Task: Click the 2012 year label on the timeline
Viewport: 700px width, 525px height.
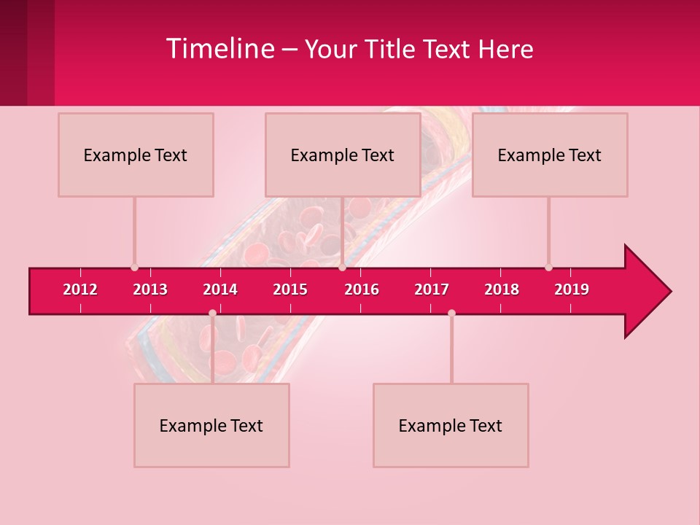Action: [x=80, y=289]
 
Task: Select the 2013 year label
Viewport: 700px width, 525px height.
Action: [x=150, y=289]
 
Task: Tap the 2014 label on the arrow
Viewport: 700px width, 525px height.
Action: [x=220, y=289]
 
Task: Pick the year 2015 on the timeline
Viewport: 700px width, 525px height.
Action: [x=290, y=289]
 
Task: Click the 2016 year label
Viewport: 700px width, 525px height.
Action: [x=362, y=289]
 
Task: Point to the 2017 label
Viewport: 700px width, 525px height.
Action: [x=432, y=289]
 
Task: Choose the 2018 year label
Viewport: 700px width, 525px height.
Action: [x=502, y=289]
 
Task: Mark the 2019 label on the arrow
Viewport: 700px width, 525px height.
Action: [x=572, y=289]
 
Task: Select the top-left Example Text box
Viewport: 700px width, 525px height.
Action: [x=136, y=155]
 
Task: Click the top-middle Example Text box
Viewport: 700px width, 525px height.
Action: [x=343, y=155]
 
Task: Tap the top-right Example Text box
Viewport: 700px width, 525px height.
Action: [x=550, y=155]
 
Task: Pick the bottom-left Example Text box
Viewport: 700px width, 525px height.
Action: [x=211, y=426]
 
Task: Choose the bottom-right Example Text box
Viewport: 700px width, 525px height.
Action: [x=451, y=426]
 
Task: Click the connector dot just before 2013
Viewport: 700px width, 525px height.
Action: [x=134, y=268]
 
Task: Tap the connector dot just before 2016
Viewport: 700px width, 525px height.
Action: [x=342, y=268]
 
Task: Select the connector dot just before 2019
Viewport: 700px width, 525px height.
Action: [x=548, y=268]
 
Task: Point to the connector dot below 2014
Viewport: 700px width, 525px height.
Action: [x=212, y=313]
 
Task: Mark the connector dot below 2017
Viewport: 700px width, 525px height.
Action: [x=451, y=313]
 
